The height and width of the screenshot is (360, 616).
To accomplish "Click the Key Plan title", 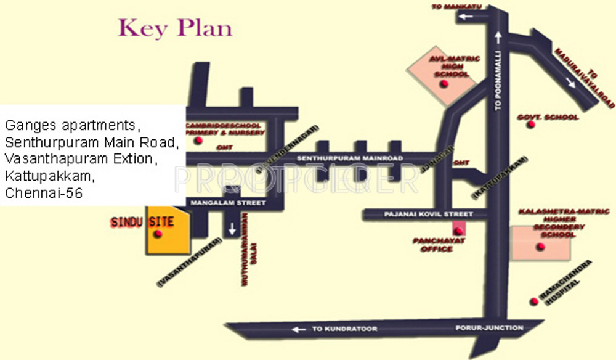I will [x=176, y=28].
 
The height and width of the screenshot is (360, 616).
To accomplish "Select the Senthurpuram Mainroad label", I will [x=350, y=159].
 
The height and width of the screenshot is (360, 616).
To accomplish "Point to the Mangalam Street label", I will [x=228, y=203].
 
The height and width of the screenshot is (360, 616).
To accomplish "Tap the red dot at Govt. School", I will [x=530, y=125].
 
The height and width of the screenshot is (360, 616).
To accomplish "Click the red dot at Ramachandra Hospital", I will [x=533, y=301].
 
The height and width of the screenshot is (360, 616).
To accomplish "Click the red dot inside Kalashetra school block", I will [x=541, y=247].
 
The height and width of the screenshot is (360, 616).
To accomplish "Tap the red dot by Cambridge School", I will [x=198, y=141].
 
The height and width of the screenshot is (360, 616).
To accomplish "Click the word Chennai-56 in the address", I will [x=44, y=193].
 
